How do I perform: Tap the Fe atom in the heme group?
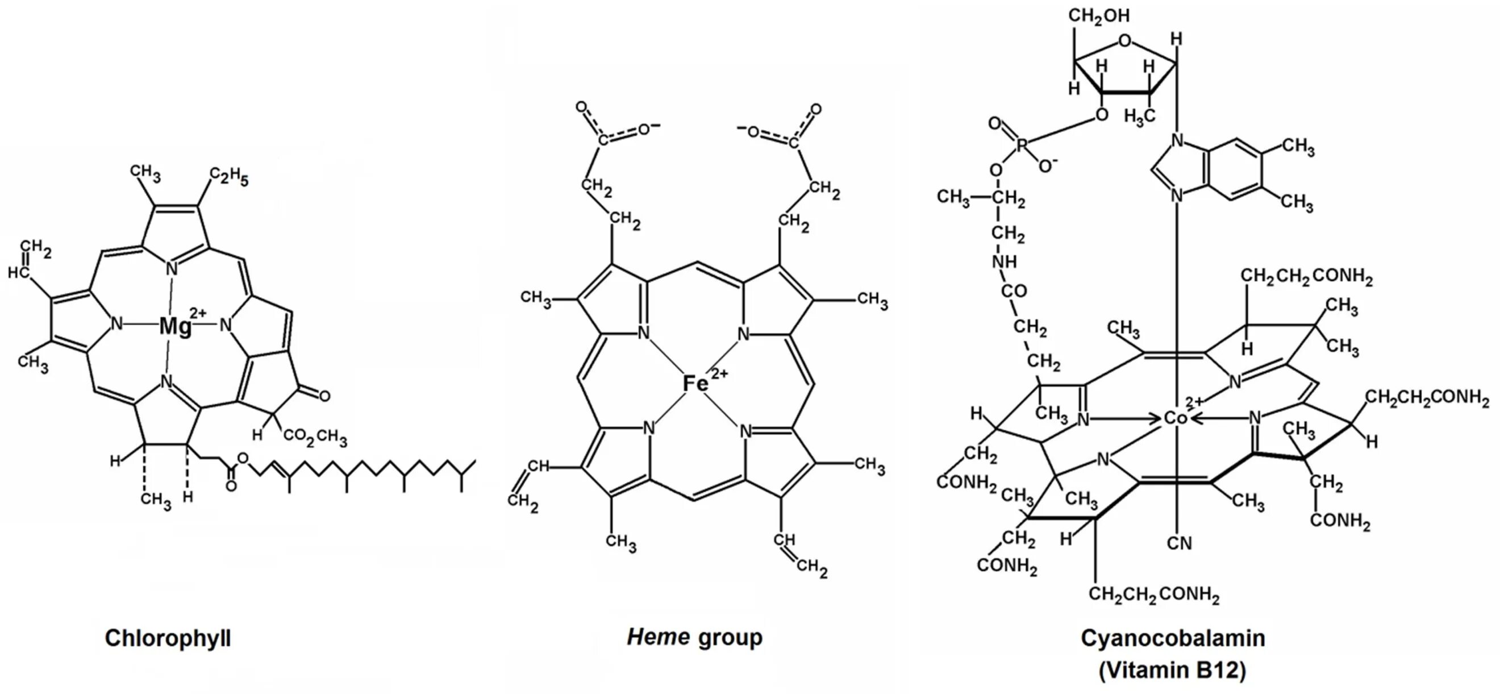point(695,384)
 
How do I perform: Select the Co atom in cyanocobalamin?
point(1174,418)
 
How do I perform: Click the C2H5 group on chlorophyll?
point(229,176)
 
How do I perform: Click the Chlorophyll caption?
point(168,638)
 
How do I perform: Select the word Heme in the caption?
point(658,637)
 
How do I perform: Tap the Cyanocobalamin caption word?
point(1173,638)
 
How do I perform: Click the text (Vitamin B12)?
point(1172,670)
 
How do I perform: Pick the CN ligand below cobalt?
point(1179,543)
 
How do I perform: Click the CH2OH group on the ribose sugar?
point(1098,16)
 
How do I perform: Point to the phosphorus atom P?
point(1021,145)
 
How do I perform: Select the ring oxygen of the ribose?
point(1124,41)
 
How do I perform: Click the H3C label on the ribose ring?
point(1139,117)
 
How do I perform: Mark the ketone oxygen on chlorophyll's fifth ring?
point(324,396)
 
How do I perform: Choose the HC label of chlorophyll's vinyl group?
point(18,272)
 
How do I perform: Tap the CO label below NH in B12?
point(1014,290)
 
